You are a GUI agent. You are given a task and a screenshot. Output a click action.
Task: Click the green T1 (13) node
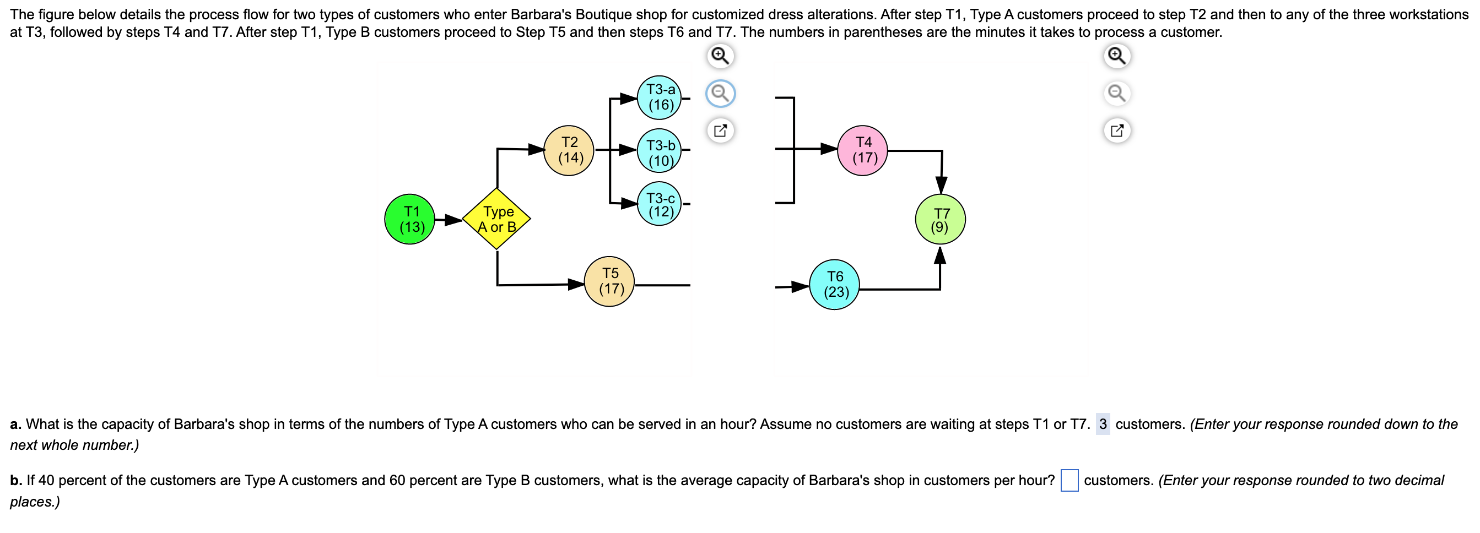click(x=409, y=219)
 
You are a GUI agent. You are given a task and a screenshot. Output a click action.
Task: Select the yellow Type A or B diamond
click(x=496, y=219)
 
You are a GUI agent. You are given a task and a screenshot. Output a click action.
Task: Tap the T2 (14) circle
click(x=569, y=150)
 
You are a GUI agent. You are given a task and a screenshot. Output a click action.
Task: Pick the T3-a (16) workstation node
click(x=659, y=97)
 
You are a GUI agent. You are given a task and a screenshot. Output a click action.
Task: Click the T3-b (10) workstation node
click(x=659, y=150)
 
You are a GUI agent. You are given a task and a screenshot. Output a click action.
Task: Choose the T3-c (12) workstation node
click(x=659, y=204)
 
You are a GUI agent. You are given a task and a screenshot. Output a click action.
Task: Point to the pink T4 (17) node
click(x=862, y=150)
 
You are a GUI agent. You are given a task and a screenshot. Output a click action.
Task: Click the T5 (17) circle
click(x=609, y=281)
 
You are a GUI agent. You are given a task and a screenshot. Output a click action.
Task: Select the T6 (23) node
click(x=834, y=284)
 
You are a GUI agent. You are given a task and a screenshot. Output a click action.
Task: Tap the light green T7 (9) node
click(x=940, y=219)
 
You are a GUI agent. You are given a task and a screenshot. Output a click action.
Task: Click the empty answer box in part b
click(x=1069, y=480)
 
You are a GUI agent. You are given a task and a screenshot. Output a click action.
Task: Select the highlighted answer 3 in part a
click(x=1103, y=424)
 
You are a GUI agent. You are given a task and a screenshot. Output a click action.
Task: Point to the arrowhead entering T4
click(x=829, y=149)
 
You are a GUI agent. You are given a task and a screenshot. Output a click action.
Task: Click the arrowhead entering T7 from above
click(x=941, y=185)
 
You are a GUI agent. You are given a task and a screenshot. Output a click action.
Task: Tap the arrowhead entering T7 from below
click(x=940, y=255)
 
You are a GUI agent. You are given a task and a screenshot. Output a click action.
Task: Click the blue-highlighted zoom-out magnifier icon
click(x=720, y=93)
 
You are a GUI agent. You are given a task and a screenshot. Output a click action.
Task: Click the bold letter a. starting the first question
click(x=15, y=424)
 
